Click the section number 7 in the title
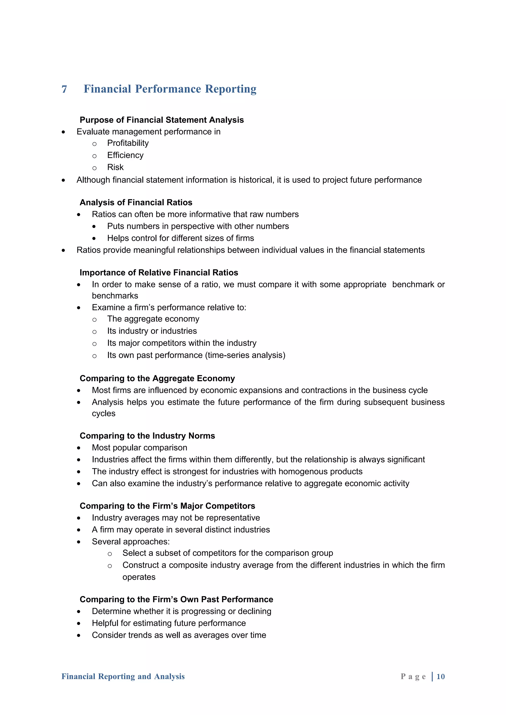[x=64, y=89]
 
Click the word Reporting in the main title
[x=231, y=89]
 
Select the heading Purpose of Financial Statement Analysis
[x=162, y=120]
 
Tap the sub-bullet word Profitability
[x=128, y=143]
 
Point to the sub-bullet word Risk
[x=115, y=168]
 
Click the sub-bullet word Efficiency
[x=125, y=155]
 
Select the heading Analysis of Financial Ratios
[x=136, y=202]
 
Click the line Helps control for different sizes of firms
[x=181, y=238]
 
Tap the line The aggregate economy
[x=153, y=319]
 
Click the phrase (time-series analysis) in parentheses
[x=245, y=355]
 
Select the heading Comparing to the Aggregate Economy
[x=157, y=378]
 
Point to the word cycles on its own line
[x=104, y=414]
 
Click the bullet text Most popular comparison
[x=139, y=448]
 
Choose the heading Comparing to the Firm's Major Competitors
[x=168, y=506]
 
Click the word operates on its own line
[x=139, y=577]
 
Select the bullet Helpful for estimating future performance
[x=169, y=623]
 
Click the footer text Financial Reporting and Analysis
[x=123, y=676]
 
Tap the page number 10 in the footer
[x=441, y=676]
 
